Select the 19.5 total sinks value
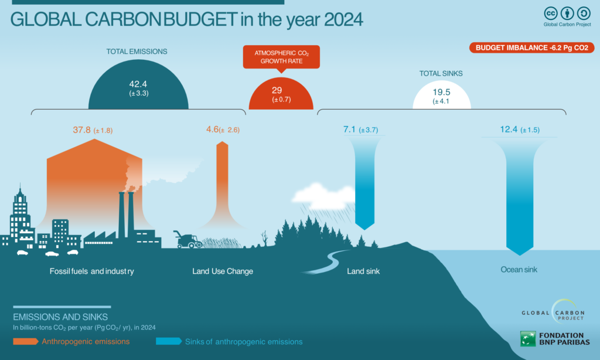point(442,92)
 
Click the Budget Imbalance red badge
point(531,48)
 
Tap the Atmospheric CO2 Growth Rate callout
point(281,57)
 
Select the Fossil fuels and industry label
point(92,271)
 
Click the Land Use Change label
point(223,271)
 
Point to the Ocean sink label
point(519,270)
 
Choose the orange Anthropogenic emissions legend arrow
point(26,341)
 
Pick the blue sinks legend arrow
point(169,341)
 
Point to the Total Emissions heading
point(137,52)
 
